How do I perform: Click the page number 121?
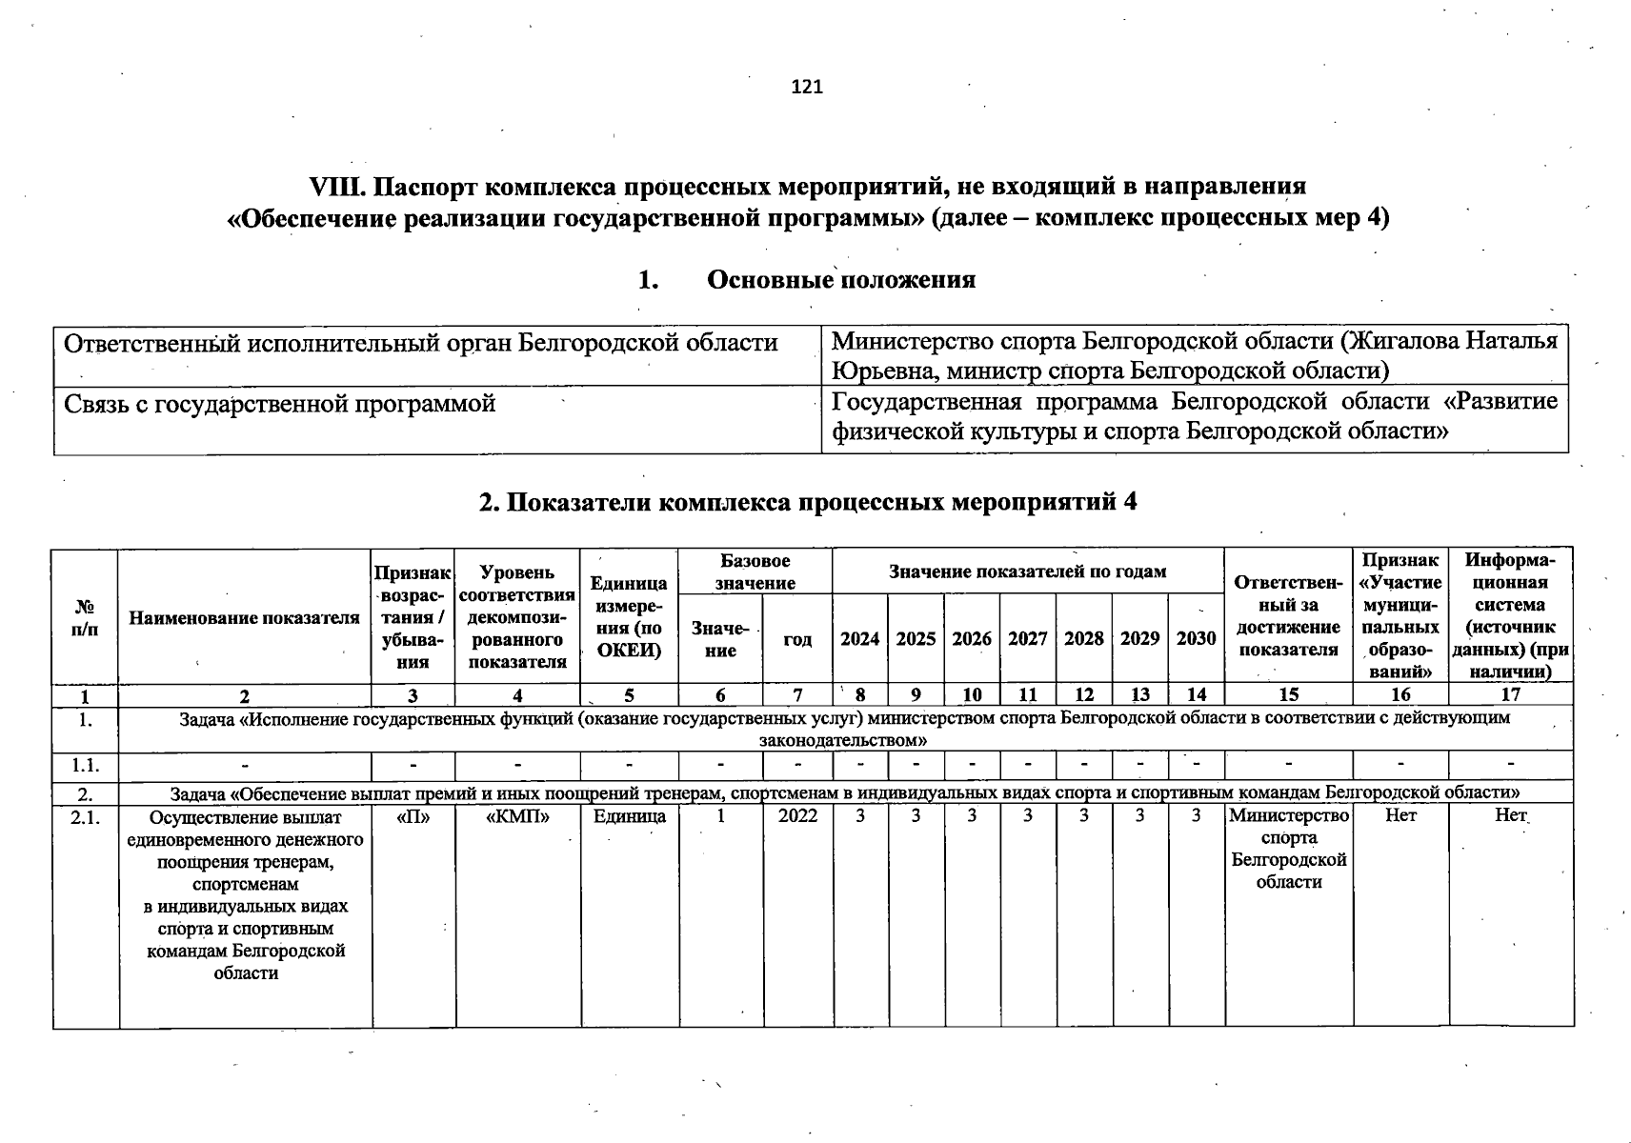(807, 87)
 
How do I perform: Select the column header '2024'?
(859, 639)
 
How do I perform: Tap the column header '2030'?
(1196, 639)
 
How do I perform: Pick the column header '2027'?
(1028, 639)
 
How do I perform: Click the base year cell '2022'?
(797, 816)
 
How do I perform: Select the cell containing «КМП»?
(517, 816)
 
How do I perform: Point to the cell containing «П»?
(413, 816)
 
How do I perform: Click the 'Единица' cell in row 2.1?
(630, 816)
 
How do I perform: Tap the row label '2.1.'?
(86, 816)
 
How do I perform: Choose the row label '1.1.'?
(86, 765)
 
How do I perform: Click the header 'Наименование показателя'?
(245, 618)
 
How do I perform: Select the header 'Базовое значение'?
(755, 571)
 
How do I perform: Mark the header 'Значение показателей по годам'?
(1027, 571)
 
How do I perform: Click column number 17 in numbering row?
(1510, 694)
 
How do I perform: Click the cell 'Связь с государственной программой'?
(280, 404)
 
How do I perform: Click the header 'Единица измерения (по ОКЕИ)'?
(629, 616)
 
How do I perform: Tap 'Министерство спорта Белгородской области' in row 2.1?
(1289, 849)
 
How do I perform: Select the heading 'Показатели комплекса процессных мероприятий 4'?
(808, 502)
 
